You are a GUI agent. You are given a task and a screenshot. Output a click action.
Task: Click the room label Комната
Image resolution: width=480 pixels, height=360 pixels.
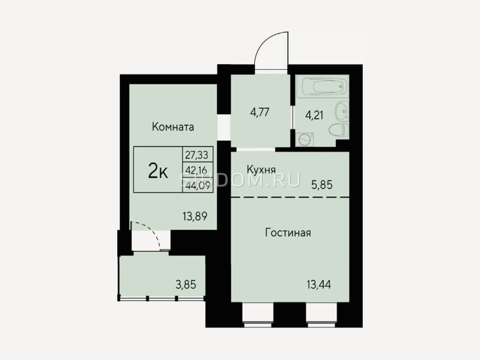[173, 127]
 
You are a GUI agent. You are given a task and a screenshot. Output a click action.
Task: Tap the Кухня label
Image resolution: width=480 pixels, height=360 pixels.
[261, 170]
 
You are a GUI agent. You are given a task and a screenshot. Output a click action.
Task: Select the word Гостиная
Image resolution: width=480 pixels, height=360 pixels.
[288, 233]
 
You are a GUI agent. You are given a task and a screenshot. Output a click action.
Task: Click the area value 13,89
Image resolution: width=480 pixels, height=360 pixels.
[195, 217]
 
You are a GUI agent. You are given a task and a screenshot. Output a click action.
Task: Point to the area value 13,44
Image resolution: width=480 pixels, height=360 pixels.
[319, 285]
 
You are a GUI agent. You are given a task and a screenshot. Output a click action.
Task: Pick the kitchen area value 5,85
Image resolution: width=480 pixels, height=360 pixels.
[322, 185]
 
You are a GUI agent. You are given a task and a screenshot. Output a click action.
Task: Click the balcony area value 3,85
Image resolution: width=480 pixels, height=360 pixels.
[186, 285]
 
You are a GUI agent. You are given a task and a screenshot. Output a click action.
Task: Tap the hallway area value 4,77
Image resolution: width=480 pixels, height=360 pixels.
[260, 113]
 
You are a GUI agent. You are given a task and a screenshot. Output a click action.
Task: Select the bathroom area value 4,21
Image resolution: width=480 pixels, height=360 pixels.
[314, 116]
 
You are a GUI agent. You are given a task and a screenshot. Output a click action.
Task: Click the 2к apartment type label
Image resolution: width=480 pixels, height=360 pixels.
[158, 170]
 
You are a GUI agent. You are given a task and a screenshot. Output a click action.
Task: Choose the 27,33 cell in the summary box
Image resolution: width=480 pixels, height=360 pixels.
[197, 155]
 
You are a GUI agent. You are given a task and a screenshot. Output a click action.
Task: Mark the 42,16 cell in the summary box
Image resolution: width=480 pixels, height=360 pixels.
[197, 170]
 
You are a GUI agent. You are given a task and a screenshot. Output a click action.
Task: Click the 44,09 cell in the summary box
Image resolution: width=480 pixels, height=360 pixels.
[197, 185]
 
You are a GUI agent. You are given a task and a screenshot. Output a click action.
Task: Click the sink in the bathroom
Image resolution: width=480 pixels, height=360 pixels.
[341, 111]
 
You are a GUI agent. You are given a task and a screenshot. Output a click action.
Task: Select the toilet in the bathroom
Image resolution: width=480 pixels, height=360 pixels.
[339, 130]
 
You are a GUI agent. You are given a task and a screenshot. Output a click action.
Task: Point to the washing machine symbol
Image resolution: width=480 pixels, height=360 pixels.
[305, 140]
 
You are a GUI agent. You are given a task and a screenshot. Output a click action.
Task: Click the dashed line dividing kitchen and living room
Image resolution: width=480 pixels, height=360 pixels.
[290, 197]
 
